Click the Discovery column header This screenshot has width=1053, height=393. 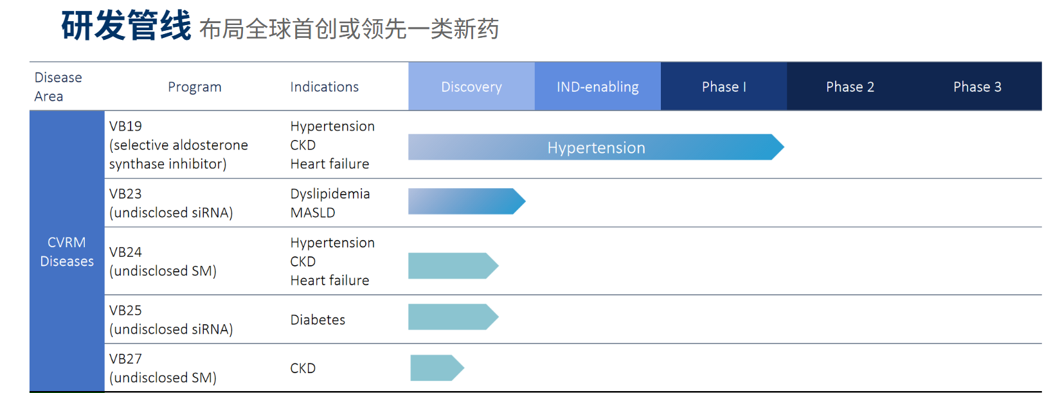pyautogui.click(x=471, y=87)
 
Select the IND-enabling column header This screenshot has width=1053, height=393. pyautogui.click(x=597, y=87)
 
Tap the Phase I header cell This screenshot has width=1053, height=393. pyautogui.click(x=724, y=87)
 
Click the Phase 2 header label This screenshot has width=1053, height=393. pyautogui.click(x=850, y=87)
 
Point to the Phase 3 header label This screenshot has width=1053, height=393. pyautogui.click(x=977, y=87)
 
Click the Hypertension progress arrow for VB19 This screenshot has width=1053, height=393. pyautogui.click(x=596, y=147)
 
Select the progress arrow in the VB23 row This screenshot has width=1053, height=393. pyautogui.click(x=467, y=202)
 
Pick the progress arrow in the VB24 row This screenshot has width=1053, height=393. pyautogui.click(x=453, y=266)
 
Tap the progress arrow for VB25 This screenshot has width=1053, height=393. pyautogui.click(x=453, y=317)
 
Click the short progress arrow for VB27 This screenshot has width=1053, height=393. pyautogui.click(x=437, y=368)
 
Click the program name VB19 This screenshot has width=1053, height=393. pyautogui.click(x=125, y=127)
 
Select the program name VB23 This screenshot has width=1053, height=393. pyautogui.click(x=125, y=194)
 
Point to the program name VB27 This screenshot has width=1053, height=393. pyautogui.click(x=125, y=359)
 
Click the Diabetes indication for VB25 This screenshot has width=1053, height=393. pyautogui.click(x=318, y=320)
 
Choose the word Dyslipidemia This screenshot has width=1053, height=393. pyautogui.click(x=330, y=194)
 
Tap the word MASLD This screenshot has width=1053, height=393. pyautogui.click(x=312, y=213)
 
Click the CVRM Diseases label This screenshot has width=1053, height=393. pyautogui.click(x=67, y=252)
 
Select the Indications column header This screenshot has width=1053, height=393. pyautogui.click(x=325, y=87)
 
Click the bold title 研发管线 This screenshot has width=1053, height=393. pyautogui.click(x=126, y=25)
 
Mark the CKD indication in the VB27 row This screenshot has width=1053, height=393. pyautogui.click(x=303, y=368)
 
